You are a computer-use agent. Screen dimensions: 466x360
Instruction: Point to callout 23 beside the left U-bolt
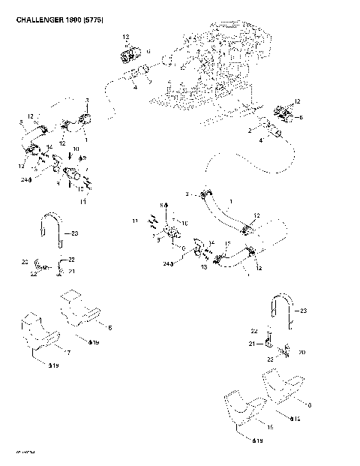74,233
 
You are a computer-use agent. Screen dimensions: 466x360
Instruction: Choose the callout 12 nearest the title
126,37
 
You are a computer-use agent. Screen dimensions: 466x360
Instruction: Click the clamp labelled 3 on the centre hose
205,197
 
